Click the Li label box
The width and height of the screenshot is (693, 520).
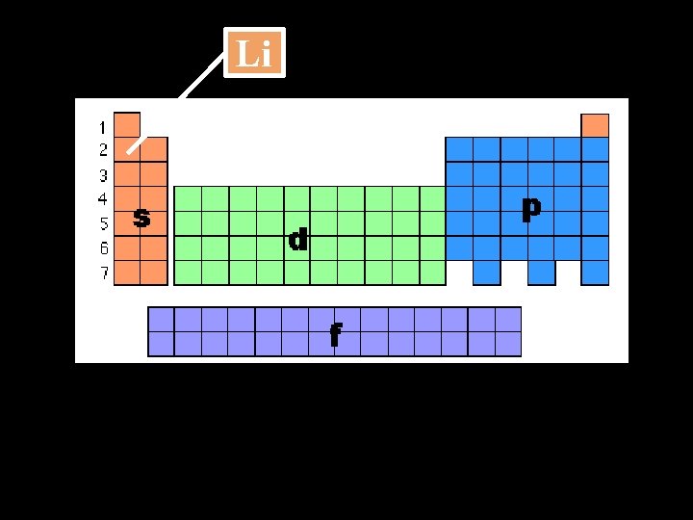tap(254, 53)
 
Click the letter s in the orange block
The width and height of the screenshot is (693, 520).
tap(141, 219)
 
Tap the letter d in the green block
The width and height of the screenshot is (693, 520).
tap(298, 239)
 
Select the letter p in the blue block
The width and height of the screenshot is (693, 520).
tap(530, 208)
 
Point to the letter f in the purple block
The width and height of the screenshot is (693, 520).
tap(335, 334)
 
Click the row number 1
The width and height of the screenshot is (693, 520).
tap(102, 126)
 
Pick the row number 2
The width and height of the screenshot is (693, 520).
tap(102, 150)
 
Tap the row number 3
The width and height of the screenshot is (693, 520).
tap(102, 175)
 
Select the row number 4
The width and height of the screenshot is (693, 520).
tap(102, 199)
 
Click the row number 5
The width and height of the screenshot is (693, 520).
tap(102, 224)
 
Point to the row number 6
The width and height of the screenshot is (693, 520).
tap(102, 248)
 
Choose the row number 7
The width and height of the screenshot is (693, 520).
tap(102, 273)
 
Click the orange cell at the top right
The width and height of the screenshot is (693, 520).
tap(595, 125)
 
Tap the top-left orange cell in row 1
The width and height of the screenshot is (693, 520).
tap(127, 125)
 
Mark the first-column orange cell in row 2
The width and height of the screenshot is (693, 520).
tap(127, 149)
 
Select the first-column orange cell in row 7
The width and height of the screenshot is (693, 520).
tap(127, 273)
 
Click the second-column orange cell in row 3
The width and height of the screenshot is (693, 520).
tap(154, 174)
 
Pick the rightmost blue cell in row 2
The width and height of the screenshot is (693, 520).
tap(596, 149)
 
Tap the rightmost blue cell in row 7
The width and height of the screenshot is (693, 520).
tap(596, 273)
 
